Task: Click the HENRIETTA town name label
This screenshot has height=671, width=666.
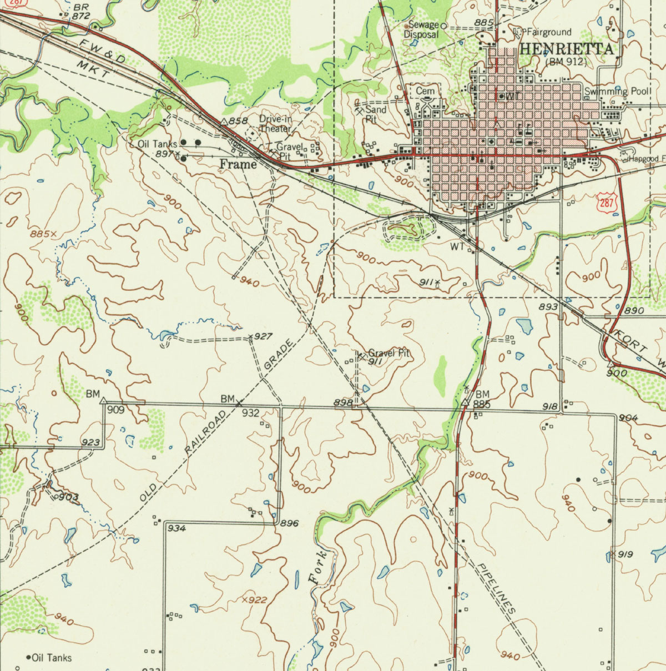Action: (x=567, y=49)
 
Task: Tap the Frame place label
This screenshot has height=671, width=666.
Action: (x=238, y=164)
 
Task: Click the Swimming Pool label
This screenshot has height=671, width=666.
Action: (x=618, y=91)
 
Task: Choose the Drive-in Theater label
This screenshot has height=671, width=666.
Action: (x=275, y=124)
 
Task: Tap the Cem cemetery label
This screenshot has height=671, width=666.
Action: (x=425, y=90)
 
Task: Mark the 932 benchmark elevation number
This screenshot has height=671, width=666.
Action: (x=251, y=412)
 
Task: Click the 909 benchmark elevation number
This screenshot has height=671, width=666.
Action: (x=116, y=410)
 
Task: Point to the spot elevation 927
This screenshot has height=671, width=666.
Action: (x=263, y=336)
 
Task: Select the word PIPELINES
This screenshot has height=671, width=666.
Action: (x=497, y=588)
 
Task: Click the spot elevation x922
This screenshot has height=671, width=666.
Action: (x=255, y=600)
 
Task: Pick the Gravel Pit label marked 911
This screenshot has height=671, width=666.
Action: (x=389, y=353)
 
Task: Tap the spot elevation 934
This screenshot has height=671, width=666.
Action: (x=176, y=528)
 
